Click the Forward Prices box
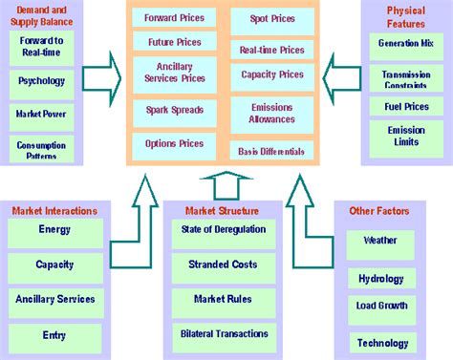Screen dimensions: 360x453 click(173, 18)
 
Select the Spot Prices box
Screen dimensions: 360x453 click(272, 18)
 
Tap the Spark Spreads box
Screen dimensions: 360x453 click(173, 110)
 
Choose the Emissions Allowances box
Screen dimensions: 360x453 click(272, 114)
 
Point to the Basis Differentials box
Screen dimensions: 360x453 click(272, 151)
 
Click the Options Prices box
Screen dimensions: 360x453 click(173, 144)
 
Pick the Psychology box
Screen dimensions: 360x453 click(41, 81)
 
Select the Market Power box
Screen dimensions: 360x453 click(41, 113)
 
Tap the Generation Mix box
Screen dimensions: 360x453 click(405, 43)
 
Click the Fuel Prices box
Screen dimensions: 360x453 click(405, 106)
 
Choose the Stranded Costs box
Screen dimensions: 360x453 click(223, 264)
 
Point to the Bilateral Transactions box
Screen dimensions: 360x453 click(223, 333)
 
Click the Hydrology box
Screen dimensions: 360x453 click(381, 279)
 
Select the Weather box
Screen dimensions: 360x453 click(380, 241)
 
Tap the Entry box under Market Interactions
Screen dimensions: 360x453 click(54, 335)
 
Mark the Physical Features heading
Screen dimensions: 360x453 click(405, 14)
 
